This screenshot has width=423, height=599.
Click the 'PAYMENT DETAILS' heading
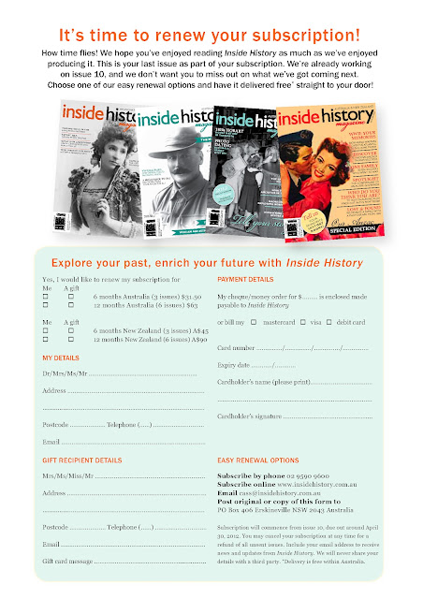click(245, 280)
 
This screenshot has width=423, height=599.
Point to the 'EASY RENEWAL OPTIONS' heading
click(257, 460)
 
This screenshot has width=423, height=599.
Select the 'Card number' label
click(235, 348)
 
